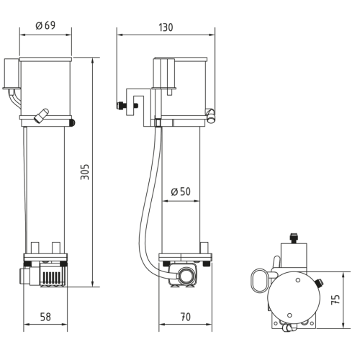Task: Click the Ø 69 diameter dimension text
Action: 46,26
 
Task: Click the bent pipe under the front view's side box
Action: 14,98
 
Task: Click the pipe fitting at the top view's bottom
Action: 290,328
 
